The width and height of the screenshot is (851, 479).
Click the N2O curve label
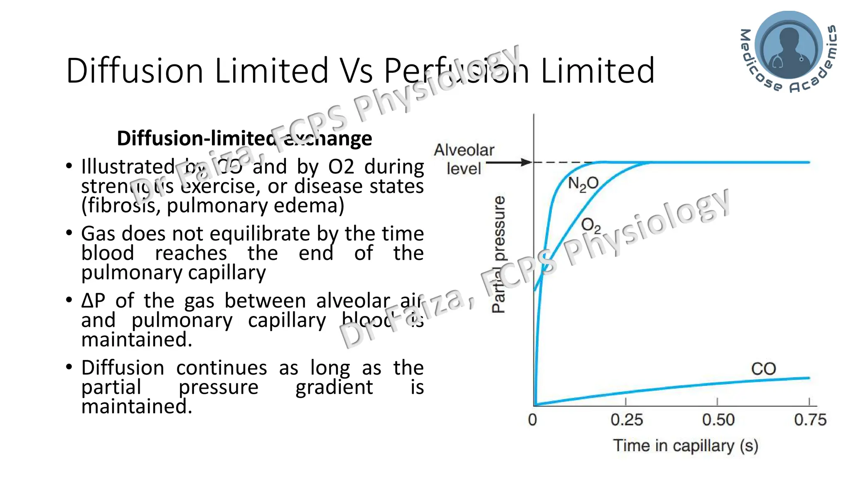pos(583,183)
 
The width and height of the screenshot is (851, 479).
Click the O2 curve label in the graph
pos(590,226)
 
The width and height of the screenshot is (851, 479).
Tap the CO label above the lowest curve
pos(763,369)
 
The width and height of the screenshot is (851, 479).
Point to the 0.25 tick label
pos(627,420)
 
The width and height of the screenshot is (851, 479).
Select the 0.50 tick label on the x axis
pos(718,420)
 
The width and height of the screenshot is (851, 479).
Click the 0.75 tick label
pos(810,420)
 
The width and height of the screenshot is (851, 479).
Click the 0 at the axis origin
pos(532,420)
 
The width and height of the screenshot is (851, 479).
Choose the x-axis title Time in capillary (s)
pos(686,446)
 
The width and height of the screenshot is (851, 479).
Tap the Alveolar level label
pos(464,159)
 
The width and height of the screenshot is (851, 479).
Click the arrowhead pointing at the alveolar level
pos(527,162)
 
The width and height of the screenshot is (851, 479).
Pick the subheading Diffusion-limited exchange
pos(244,138)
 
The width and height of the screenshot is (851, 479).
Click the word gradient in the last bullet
pos(334,387)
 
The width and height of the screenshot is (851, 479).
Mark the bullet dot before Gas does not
pos(69,232)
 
